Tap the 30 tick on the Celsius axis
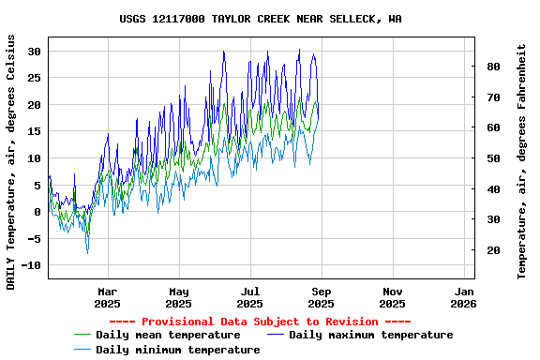click(35, 52)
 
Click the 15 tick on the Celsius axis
click(35, 132)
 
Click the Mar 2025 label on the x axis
click(108, 297)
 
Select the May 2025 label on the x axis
click(178, 297)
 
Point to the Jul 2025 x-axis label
click(249, 297)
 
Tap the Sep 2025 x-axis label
click(321, 297)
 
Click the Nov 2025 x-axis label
click(392, 297)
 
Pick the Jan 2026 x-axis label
click(463, 297)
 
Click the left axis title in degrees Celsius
click(11, 161)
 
